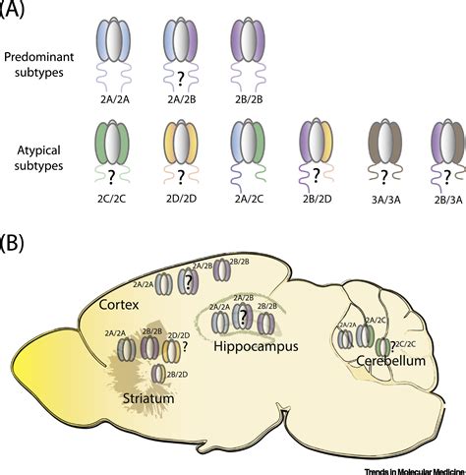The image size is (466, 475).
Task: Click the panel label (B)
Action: (x=22, y=242)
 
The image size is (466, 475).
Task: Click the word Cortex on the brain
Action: (x=118, y=307)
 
